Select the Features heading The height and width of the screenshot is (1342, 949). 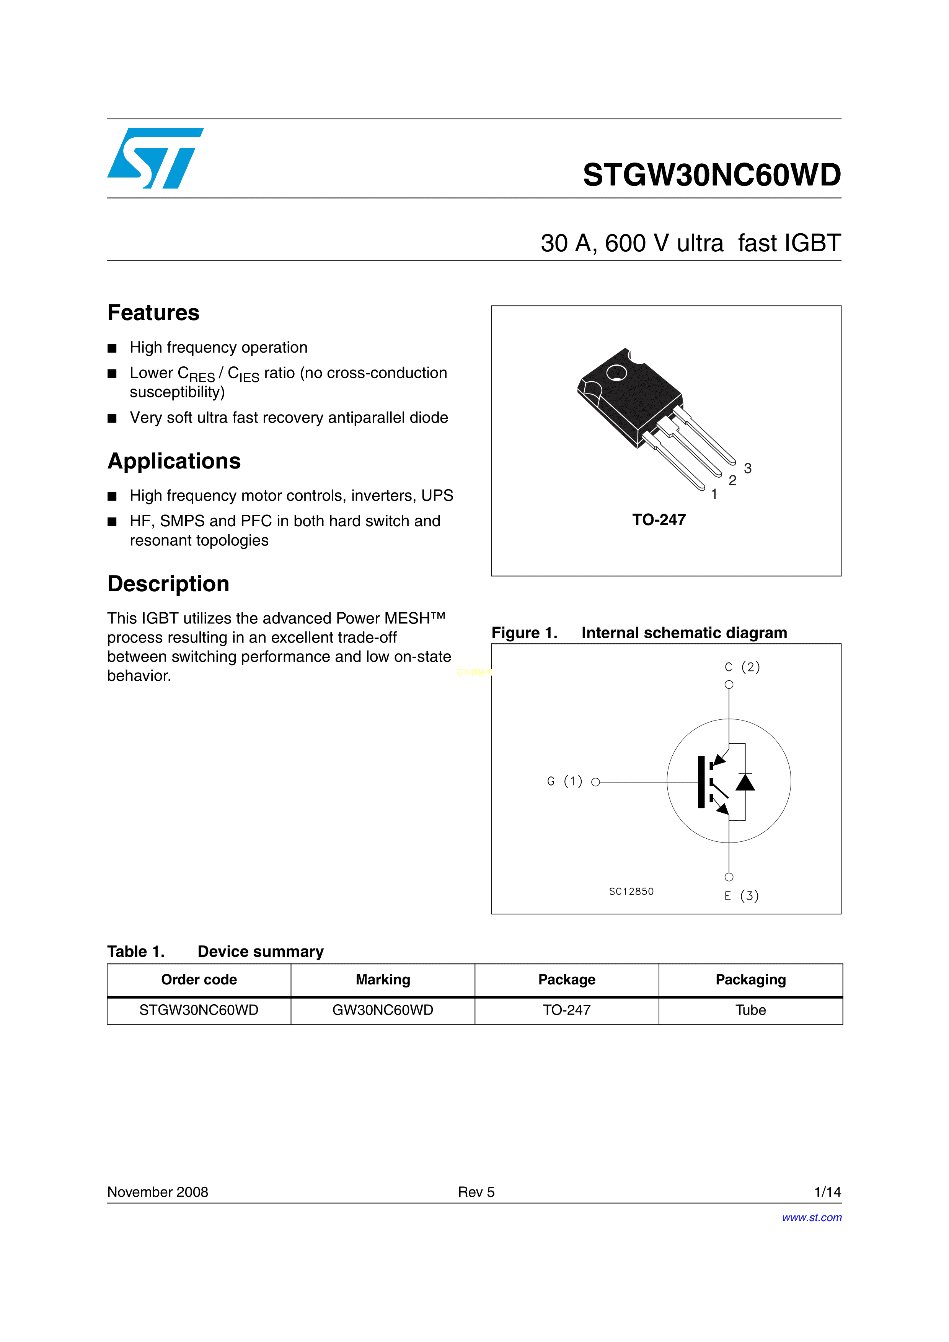click(x=153, y=313)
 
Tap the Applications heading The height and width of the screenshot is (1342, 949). click(x=174, y=461)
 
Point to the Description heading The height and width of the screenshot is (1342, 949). click(x=168, y=584)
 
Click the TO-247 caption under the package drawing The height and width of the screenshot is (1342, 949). click(x=659, y=520)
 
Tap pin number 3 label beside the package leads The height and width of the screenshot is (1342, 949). click(x=747, y=468)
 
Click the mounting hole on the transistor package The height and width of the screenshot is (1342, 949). click(x=616, y=373)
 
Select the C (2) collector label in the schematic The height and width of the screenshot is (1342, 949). click(x=742, y=667)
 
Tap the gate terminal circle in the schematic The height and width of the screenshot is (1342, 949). click(x=595, y=782)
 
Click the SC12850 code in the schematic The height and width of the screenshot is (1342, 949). click(x=631, y=891)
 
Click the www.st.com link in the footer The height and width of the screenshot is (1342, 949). click(x=812, y=1217)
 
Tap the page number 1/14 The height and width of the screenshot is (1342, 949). click(x=827, y=1192)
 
